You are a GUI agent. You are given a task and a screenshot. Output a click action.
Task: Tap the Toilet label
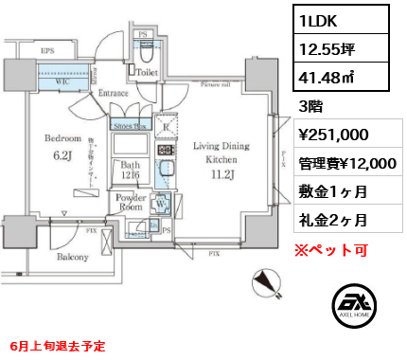point(147,70)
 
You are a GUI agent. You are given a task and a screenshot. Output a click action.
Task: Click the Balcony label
point(72,257)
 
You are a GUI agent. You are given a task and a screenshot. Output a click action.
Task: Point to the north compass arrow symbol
point(267,282)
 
